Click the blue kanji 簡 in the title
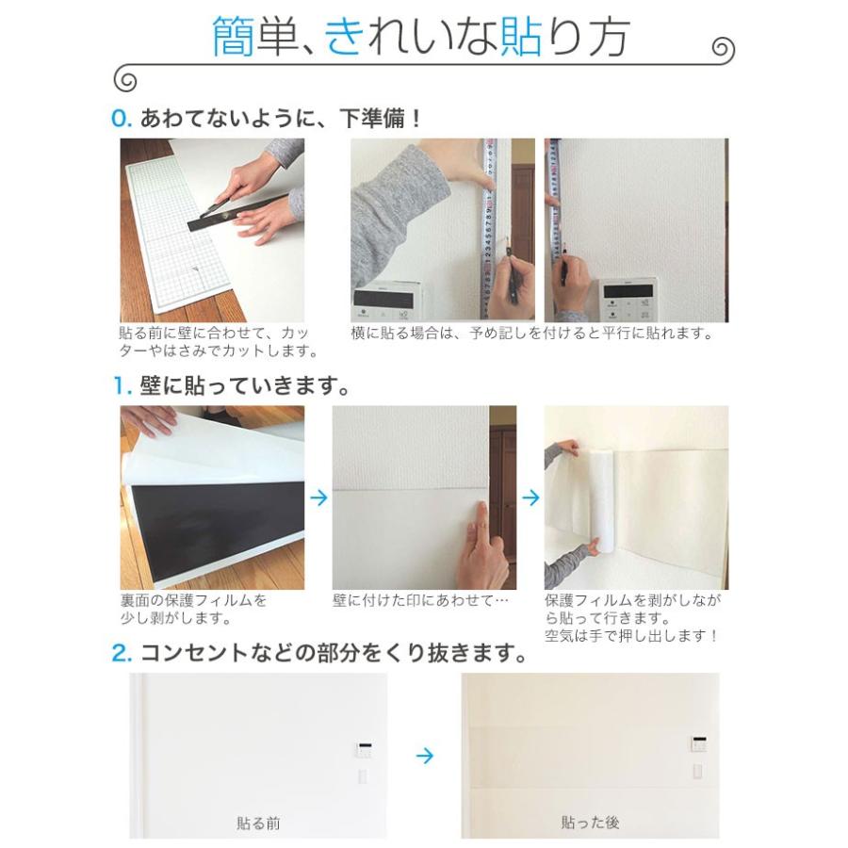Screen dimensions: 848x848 click(x=233, y=37)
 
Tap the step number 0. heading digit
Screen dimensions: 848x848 click(x=118, y=119)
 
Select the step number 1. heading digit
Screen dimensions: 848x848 click(x=118, y=386)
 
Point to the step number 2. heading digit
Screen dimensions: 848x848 click(x=118, y=653)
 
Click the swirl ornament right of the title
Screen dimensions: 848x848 click(x=723, y=49)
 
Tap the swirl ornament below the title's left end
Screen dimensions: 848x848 click(x=125, y=79)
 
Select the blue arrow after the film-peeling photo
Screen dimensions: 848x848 click(x=319, y=497)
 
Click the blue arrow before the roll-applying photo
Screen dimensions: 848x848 click(x=531, y=497)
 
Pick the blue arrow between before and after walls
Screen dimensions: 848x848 click(x=425, y=756)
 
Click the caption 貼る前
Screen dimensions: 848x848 click(x=258, y=824)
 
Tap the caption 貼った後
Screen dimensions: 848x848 click(x=590, y=823)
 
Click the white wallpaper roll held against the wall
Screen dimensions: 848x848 click(x=601, y=498)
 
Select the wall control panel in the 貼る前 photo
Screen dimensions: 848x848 click(x=364, y=751)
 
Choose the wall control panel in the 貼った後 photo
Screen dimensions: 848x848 click(x=699, y=744)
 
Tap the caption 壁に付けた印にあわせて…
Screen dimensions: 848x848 click(x=420, y=600)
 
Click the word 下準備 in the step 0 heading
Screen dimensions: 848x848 click(x=371, y=119)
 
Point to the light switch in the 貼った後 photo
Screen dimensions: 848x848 click(x=698, y=771)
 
